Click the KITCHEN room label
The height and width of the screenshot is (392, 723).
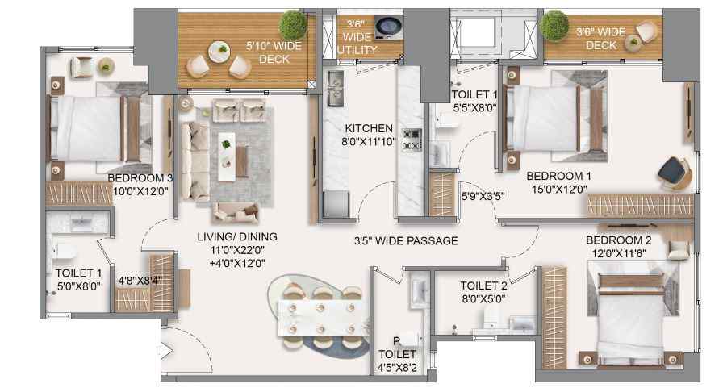[369, 128]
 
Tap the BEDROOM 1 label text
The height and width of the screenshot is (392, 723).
[558, 176]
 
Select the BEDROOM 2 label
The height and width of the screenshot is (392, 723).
[618, 240]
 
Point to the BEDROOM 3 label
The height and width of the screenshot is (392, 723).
[140, 178]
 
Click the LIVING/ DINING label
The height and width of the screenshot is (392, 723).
[237, 236]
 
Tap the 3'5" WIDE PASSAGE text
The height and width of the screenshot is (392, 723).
[406, 240]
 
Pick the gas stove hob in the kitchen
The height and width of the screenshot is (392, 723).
[412, 140]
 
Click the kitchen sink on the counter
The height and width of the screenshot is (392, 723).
[334, 88]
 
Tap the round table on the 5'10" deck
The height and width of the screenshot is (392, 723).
[219, 52]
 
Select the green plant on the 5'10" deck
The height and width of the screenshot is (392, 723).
[293, 24]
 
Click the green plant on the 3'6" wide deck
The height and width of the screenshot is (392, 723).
[554, 26]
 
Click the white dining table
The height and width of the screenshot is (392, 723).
[322, 319]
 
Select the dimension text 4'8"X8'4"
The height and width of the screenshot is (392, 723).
[140, 281]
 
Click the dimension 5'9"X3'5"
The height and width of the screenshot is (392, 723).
[483, 196]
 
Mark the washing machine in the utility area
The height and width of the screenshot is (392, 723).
[389, 27]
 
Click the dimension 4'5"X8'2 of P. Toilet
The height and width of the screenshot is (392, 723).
[397, 368]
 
